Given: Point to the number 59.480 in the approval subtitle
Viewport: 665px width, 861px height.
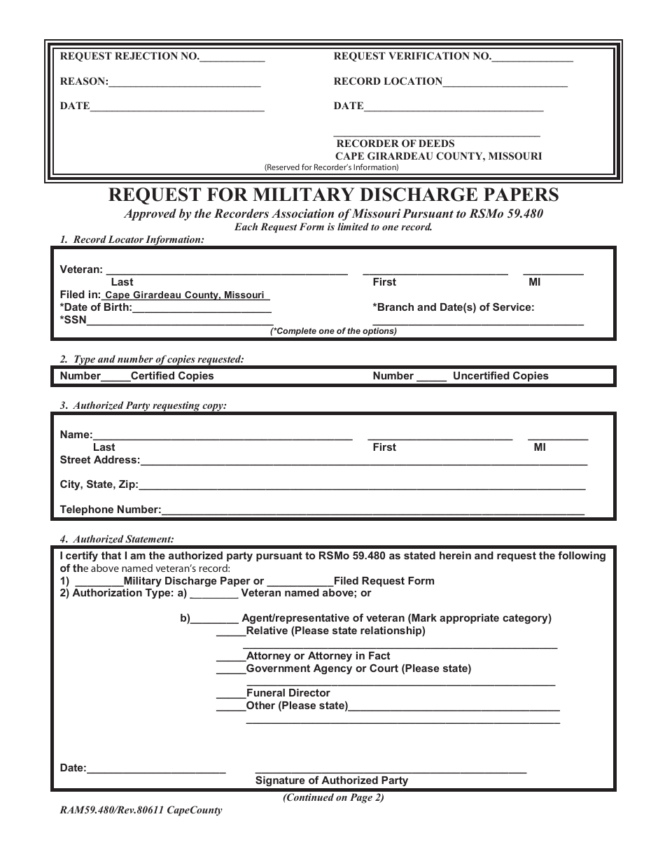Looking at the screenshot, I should (x=526, y=214).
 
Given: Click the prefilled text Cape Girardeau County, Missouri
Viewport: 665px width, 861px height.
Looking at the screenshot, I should (x=185, y=295).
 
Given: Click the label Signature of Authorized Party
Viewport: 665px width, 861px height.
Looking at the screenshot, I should (x=332, y=780).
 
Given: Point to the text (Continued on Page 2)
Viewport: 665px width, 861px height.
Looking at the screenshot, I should (x=333, y=797).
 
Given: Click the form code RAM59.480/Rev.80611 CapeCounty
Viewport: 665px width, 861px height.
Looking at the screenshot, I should (x=141, y=811).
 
